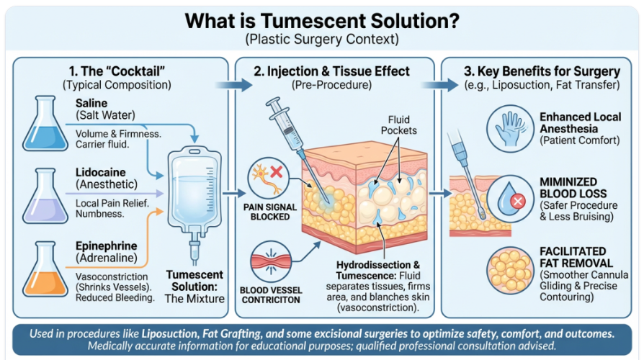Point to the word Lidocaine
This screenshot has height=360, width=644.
[101, 172]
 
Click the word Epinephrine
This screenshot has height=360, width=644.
[107, 246]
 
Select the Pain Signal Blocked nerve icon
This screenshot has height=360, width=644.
[269, 178]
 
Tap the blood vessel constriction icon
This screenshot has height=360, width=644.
[271, 261]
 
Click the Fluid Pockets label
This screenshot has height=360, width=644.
[399, 125]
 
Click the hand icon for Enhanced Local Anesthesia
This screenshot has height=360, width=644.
[510, 128]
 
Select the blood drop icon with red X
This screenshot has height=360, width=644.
[510, 199]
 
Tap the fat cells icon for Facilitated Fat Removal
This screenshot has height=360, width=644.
[510, 270]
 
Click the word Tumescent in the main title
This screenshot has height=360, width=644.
[314, 21]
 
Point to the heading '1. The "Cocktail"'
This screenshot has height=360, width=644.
[117, 71]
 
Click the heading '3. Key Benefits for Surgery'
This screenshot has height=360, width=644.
[542, 71]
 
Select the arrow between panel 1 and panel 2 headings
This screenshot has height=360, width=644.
[234, 85]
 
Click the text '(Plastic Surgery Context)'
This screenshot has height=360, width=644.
[322, 40]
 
